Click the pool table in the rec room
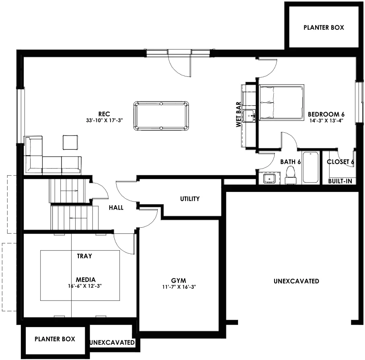coord(161,116)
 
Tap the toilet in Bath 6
coord(291,175)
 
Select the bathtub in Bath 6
coord(310,167)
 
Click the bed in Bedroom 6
coord(282,103)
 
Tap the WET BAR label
coord(238,114)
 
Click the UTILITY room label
coord(190,199)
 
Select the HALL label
coord(116,208)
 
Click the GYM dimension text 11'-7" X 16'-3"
coord(179,287)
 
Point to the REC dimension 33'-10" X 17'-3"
coord(104,120)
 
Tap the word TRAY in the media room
coord(84,256)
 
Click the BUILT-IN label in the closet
coord(340,181)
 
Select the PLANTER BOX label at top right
coord(324,27)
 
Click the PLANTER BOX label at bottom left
coord(55,339)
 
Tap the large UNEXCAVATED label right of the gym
coord(296,281)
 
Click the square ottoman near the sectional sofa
coord(70,142)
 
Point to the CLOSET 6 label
coord(340,162)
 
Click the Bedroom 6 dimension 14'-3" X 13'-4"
coord(326,121)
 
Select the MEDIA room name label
coord(86,280)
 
